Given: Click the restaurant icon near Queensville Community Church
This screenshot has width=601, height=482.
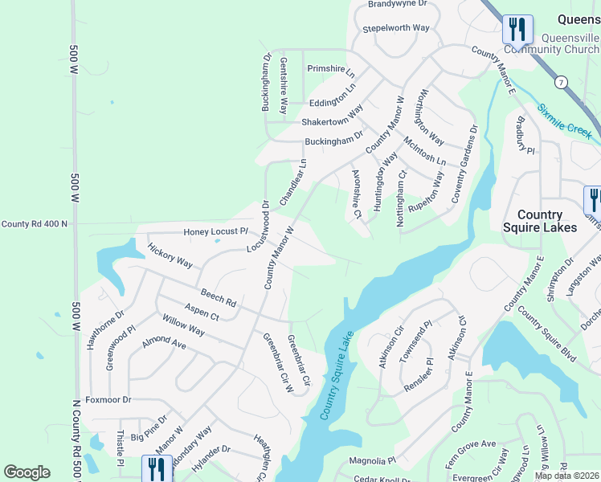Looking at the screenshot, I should pos(516,29).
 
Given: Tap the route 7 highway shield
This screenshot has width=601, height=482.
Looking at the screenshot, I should pos(560,82).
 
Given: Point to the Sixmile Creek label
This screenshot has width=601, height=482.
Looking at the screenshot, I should pos(565,118).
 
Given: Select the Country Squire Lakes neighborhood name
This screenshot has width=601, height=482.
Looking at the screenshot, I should pos(546,221).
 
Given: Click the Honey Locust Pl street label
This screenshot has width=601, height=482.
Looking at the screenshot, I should pos(216,231).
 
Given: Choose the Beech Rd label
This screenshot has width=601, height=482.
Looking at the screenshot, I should pos(219,299).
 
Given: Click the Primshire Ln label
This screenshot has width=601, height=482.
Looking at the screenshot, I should pos(331,69).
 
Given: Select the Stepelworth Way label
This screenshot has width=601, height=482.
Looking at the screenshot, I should pos(396,28).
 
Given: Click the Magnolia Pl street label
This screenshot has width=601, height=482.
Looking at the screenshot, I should pos(373,461).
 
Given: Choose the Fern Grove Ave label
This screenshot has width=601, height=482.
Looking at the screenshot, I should pos(472,443).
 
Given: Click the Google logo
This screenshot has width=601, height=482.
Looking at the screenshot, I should pos(27,472).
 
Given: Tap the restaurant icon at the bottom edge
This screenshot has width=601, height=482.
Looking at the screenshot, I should pos(156,468).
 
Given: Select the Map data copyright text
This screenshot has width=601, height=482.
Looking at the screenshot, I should pos(566,476).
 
